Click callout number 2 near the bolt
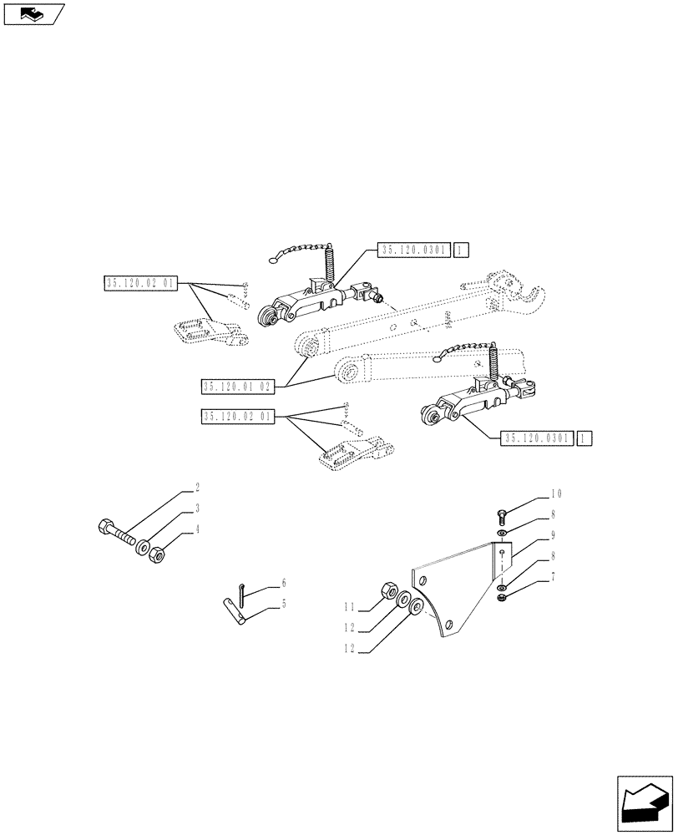[x=197, y=486]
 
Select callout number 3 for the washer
[x=197, y=508]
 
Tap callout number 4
[x=197, y=529]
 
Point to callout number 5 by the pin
[x=283, y=602]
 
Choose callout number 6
[x=283, y=582]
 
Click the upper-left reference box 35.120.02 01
[x=139, y=284]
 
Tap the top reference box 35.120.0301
[x=414, y=250]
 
